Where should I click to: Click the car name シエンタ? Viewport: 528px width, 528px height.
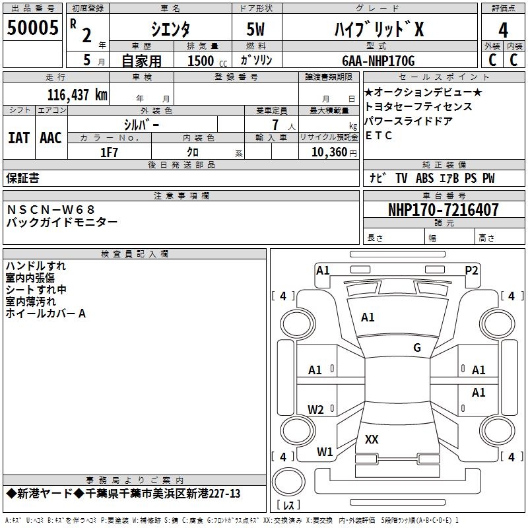(170, 29)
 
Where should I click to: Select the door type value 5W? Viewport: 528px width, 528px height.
(257, 29)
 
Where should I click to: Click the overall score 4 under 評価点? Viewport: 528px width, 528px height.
(503, 30)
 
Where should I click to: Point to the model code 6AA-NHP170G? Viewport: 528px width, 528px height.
(378, 61)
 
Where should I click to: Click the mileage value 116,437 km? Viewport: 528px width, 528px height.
(77, 94)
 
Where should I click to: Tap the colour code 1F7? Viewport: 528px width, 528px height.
(109, 152)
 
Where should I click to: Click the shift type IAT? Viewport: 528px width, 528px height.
(18, 138)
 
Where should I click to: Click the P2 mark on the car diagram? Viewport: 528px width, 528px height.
(471, 270)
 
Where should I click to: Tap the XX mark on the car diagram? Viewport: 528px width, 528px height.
(372, 439)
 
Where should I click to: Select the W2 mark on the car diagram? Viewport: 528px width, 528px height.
(316, 410)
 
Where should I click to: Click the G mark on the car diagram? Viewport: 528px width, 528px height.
(416, 348)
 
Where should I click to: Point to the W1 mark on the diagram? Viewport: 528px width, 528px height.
(325, 452)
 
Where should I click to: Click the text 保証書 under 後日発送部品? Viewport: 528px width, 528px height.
(23, 178)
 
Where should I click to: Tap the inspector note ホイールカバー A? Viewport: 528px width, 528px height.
(46, 313)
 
